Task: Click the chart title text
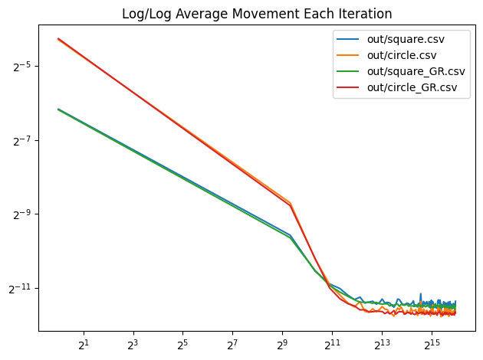point(256,14)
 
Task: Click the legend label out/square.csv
point(406,38)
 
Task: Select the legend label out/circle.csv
point(404,55)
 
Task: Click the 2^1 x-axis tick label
point(84,343)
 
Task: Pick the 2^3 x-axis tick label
point(133,343)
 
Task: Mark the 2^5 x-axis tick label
point(182,343)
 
